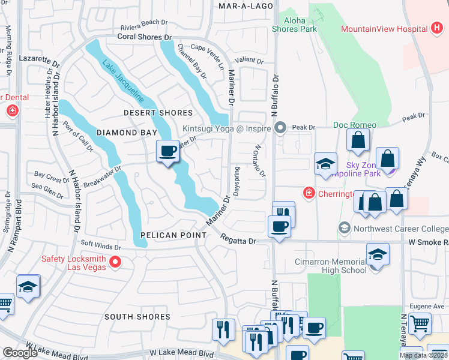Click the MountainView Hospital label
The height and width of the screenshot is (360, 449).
point(384,29)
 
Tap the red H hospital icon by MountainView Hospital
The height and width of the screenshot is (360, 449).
point(437,29)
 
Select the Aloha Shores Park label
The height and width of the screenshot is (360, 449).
point(294,25)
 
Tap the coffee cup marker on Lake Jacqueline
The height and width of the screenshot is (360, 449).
point(167,151)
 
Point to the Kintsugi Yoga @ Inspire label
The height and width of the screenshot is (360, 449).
point(228,128)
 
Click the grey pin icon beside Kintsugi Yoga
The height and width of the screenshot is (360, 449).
point(280,127)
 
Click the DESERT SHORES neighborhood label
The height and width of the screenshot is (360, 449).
point(158,113)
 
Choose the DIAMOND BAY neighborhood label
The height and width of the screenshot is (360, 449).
point(118,133)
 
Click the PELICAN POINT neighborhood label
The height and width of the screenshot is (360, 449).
point(173,235)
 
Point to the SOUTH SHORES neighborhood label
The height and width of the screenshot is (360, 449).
point(137,316)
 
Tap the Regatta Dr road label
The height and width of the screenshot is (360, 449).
point(238,241)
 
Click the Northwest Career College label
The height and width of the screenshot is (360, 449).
point(400,228)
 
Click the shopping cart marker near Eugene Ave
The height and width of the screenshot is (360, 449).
point(420,323)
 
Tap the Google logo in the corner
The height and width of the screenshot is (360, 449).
point(20,353)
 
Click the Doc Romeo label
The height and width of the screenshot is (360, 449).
point(355,125)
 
